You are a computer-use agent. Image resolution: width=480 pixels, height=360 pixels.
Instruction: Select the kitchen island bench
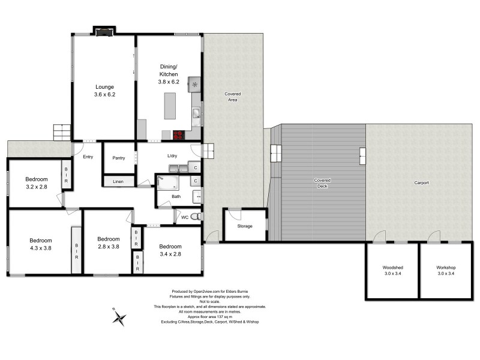(x=172, y=106)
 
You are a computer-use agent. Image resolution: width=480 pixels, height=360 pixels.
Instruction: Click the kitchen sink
(x=195, y=113)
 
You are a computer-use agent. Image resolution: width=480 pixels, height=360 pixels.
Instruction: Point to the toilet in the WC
(x=194, y=218)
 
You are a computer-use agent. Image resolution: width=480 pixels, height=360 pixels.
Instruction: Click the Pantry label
(x=119, y=158)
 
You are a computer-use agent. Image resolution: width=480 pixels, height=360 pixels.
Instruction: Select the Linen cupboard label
(x=119, y=180)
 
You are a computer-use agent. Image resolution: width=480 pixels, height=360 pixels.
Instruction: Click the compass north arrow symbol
(x=121, y=317)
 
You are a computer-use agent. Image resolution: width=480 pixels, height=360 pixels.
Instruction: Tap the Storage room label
(x=244, y=226)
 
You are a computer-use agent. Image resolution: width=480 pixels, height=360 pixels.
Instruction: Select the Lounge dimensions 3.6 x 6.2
(x=104, y=94)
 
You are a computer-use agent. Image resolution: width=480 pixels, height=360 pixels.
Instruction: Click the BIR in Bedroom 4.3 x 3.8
(x=76, y=247)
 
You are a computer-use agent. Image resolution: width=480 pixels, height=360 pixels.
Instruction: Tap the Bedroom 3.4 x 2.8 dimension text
(x=170, y=254)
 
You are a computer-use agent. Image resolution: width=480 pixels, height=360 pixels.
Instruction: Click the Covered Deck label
(x=322, y=183)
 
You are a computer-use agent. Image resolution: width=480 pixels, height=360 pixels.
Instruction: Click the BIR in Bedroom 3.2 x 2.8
(x=66, y=175)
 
